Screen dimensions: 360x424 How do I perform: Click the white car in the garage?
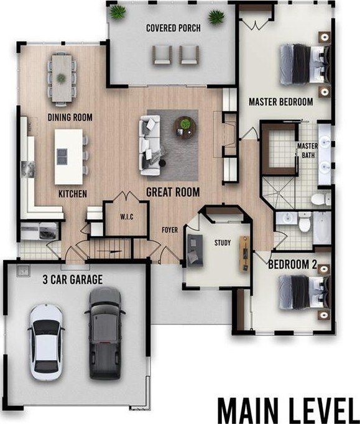[46, 342]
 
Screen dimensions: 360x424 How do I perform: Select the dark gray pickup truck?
[105, 333]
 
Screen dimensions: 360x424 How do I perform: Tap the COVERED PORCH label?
[173, 28]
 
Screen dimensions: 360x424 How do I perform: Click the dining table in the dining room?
[62, 78]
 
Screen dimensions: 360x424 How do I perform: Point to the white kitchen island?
[68, 157]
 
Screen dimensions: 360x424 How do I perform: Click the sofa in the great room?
[150, 145]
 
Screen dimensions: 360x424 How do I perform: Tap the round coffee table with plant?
[185, 127]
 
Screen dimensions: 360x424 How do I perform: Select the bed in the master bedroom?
[305, 65]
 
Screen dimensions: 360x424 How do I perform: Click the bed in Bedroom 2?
[304, 292]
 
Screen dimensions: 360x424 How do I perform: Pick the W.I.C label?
[127, 216]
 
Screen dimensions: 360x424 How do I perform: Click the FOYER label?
[170, 230]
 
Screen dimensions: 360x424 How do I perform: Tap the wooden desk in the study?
[244, 254]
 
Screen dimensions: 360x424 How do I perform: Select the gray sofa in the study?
[195, 249]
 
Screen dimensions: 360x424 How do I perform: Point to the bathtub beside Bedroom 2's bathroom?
[322, 228]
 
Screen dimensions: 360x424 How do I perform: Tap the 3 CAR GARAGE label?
[73, 280]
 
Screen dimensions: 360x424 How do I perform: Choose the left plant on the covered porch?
[118, 12]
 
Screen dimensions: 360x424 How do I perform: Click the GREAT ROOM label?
[173, 192]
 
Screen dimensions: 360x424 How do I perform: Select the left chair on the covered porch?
[162, 55]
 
